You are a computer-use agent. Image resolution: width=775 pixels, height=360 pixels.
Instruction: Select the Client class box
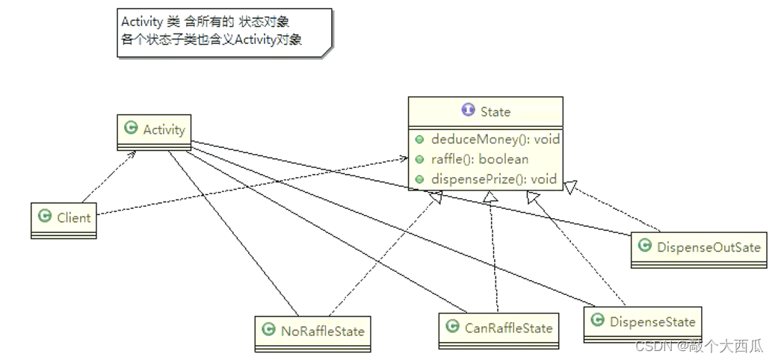click(64, 219)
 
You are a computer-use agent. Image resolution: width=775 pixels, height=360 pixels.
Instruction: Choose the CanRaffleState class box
click(498, 329)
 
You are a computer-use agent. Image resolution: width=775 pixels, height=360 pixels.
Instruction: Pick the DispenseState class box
click(643, 323)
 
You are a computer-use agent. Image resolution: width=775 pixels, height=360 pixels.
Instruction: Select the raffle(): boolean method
click(479, 159)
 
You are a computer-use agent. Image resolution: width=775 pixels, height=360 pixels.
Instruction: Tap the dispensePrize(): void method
click(493, 179)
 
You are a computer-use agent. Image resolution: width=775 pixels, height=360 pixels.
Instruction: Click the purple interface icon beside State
click(468, 111)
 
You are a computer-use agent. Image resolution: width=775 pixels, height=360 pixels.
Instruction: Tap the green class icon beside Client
click(45, 218)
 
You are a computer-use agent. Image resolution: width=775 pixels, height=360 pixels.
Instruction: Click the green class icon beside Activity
click(131, 128)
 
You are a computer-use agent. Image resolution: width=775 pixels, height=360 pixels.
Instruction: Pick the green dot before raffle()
click(421, 160)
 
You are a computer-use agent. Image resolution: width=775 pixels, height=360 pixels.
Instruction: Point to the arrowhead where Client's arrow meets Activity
click(135, 152)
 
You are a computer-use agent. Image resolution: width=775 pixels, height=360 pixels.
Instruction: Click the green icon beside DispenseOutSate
click(644, 245)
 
